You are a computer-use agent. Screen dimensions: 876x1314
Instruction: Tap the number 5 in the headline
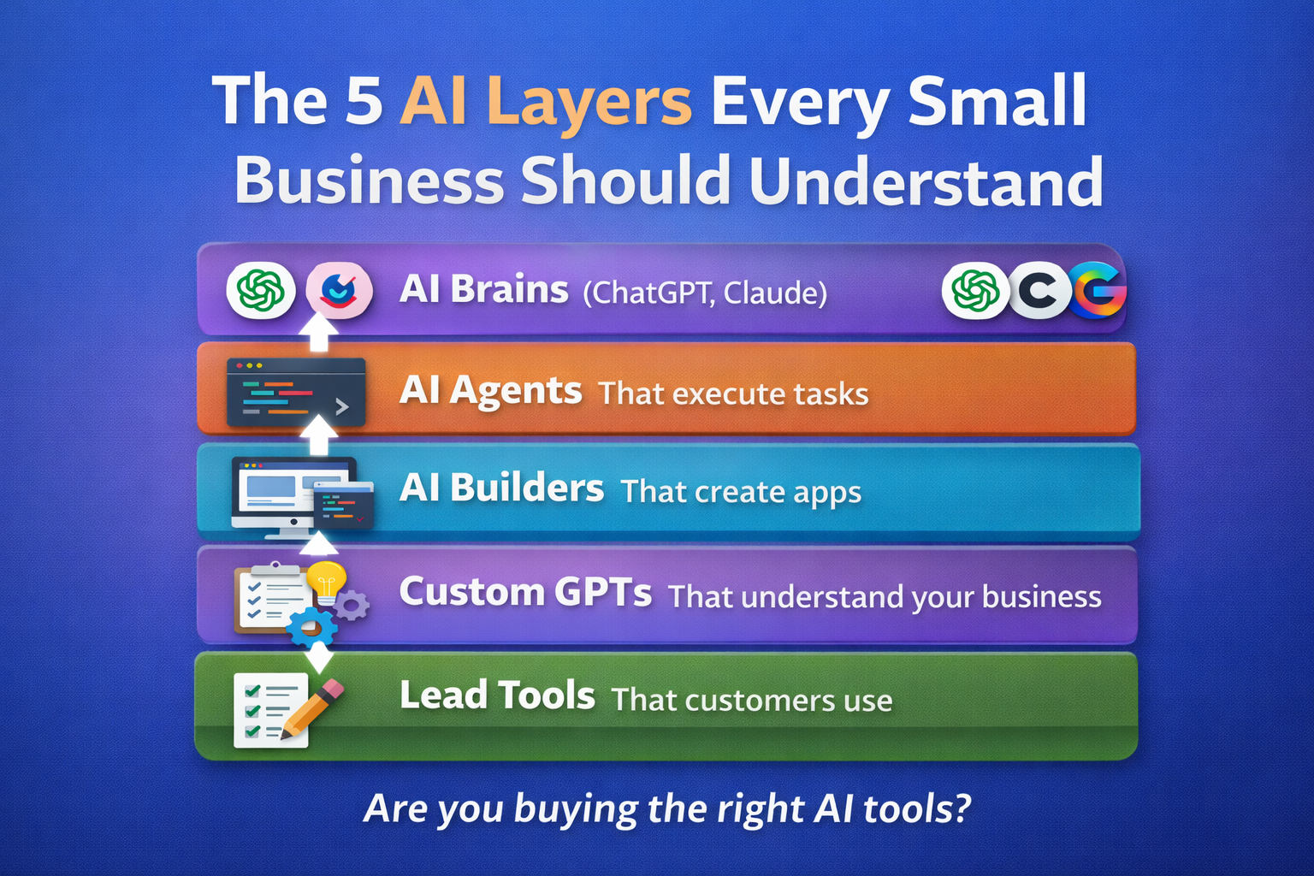[364, 101]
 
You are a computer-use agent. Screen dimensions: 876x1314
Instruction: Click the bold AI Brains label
[483, 290]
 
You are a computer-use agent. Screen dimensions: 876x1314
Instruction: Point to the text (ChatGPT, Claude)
[705, 293]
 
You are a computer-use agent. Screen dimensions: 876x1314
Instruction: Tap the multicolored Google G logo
[1098, 291]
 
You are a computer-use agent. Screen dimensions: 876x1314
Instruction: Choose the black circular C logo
[1039, 291]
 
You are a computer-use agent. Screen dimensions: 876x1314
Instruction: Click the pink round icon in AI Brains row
[339, 291]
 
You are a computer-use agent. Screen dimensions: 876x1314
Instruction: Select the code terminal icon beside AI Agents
[295, 393]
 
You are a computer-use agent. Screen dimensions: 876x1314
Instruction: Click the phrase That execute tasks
[733, 394]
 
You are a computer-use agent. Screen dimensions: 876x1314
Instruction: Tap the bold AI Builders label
[501, 488]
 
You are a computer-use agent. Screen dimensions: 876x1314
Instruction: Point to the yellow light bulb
[326, 580]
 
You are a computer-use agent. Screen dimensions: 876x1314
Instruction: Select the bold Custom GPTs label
[525, 592]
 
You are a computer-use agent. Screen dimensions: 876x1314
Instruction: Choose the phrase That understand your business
[885, 596]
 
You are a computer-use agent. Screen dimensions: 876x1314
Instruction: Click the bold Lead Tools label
[497, 695]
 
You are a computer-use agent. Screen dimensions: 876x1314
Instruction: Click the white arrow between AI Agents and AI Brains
[318, 333]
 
